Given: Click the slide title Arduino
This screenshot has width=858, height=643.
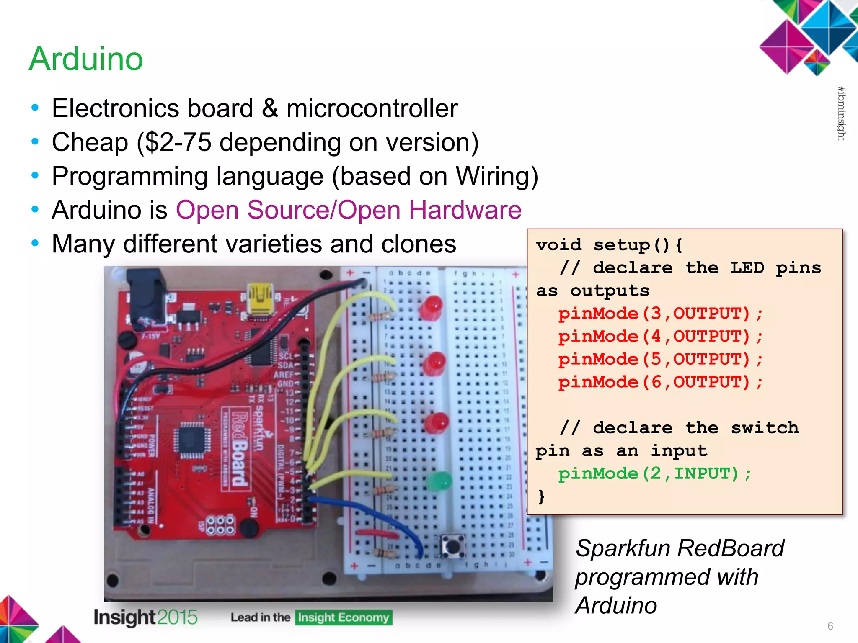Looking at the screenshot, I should [86, 59].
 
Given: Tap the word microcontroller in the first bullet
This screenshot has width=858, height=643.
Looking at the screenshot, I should [372, 108].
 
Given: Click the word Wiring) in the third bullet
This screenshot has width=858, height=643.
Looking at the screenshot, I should [497, 176].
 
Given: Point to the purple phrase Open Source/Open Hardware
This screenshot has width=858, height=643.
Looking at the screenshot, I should [349, 210].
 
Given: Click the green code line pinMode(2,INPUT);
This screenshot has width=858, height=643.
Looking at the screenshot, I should [654, 474].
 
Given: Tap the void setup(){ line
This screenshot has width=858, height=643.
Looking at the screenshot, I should [609, 245].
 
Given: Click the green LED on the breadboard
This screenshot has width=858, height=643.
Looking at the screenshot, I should [439, 481].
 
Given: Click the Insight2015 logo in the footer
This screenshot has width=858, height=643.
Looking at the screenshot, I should [145, 617].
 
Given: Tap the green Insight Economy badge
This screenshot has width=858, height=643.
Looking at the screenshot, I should [344, 617].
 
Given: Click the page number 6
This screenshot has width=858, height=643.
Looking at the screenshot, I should [830, 626].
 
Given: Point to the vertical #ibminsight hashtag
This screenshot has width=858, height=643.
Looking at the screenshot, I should [841, 113].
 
